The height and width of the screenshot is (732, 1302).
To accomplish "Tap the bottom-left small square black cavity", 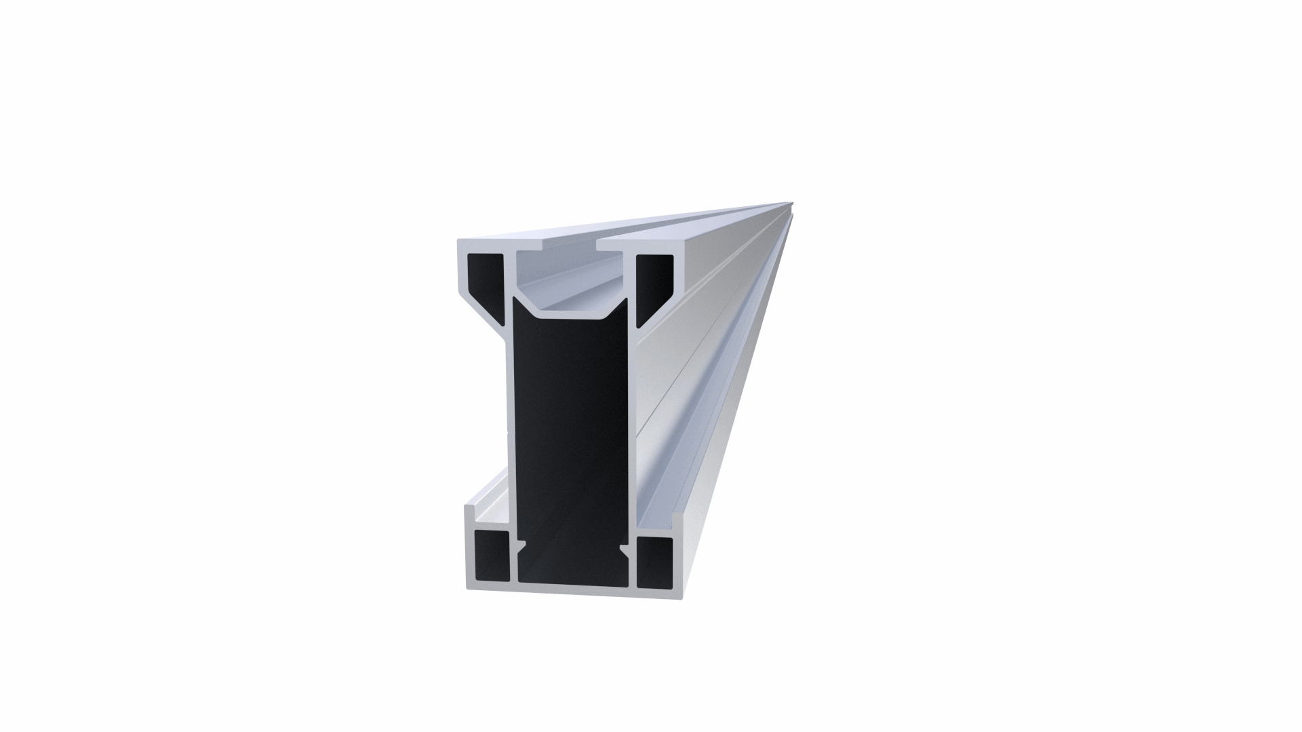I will (x=490, y=556).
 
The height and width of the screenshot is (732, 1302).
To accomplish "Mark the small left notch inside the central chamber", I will (x=521, y=543).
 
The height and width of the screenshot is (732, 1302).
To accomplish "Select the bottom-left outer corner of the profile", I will (x=468, y=587).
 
